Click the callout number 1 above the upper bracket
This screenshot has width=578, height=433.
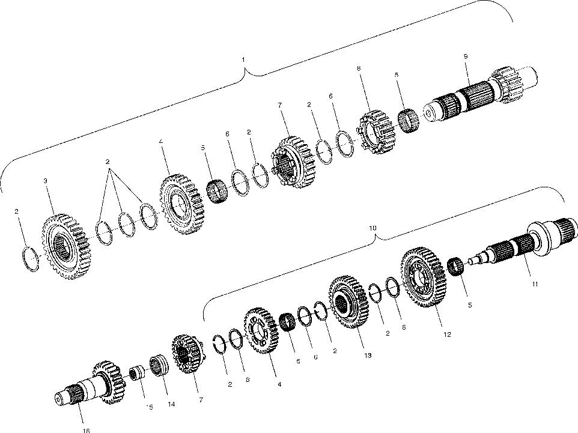[x=243, y=59]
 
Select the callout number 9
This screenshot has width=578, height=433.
[x=466, y=57]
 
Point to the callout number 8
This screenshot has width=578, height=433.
[x=359, y=69]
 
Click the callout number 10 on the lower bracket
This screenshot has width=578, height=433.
[x=373, y=228]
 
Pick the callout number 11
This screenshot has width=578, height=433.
[x=535, y=283]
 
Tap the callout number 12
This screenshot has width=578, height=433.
[x=445, y=333]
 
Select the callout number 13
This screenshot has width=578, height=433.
[x=367, y=355]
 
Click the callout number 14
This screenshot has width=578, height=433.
[x=171, y=404]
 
